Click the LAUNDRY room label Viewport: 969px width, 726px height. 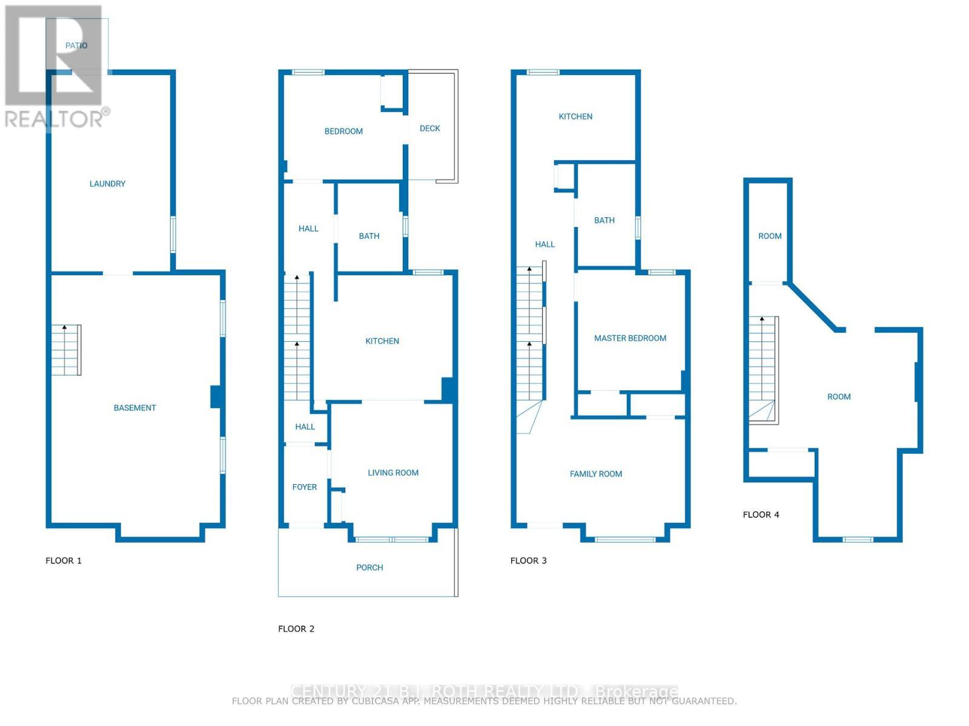(107, 184)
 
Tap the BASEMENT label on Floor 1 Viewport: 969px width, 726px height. (134, 408)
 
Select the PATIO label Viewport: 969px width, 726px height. (76, 45)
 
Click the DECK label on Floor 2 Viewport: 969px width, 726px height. (429, 128)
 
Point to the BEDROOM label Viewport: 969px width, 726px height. (343, 131)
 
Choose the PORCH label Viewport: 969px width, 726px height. (369, 567)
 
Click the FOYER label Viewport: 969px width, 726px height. (304, 487)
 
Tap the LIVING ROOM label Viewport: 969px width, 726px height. (393, 473)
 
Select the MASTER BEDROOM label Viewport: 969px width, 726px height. (630, 339)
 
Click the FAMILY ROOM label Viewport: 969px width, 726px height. (595, 474)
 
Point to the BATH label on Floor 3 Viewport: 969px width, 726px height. (604, 220)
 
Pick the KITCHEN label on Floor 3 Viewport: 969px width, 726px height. (575, 117)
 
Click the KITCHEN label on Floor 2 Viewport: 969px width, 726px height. (382, 341)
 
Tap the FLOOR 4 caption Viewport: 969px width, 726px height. (761, 515)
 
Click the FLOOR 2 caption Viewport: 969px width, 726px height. (296, 629)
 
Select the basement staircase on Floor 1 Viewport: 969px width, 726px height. (66, 350)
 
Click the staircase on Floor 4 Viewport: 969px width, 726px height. (763, 370)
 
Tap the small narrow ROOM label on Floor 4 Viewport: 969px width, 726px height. (770, 237)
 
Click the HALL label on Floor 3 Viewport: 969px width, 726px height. (544, 244)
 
